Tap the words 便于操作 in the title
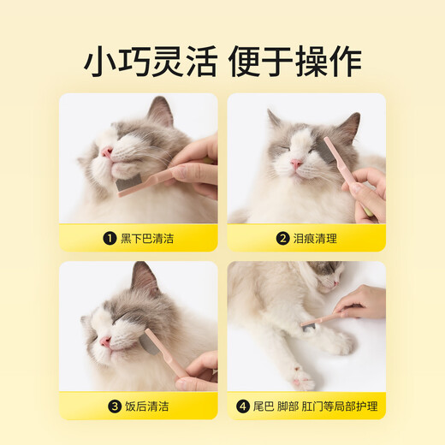pyautogui.click(x=296, y=61)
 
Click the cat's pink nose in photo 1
pyautogui.click(x=107, y=152)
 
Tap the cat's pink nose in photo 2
pyautogui.click(x=296, y=163)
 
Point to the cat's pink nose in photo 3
pyautogui.click(x=105, y=341)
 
